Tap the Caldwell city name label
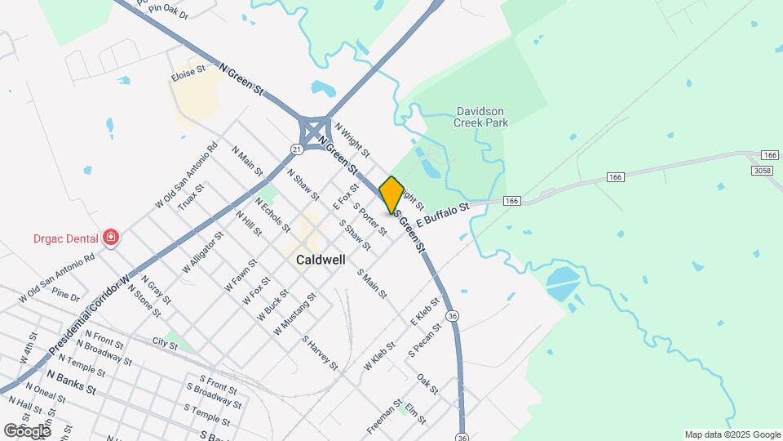point(321,259)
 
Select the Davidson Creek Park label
point(482,117)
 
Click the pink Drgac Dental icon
point(110,238)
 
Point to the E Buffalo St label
point(444,216)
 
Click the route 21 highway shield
point(296,149)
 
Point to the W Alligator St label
point(201,253)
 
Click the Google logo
point(27,430)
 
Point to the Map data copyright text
point(732,434)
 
